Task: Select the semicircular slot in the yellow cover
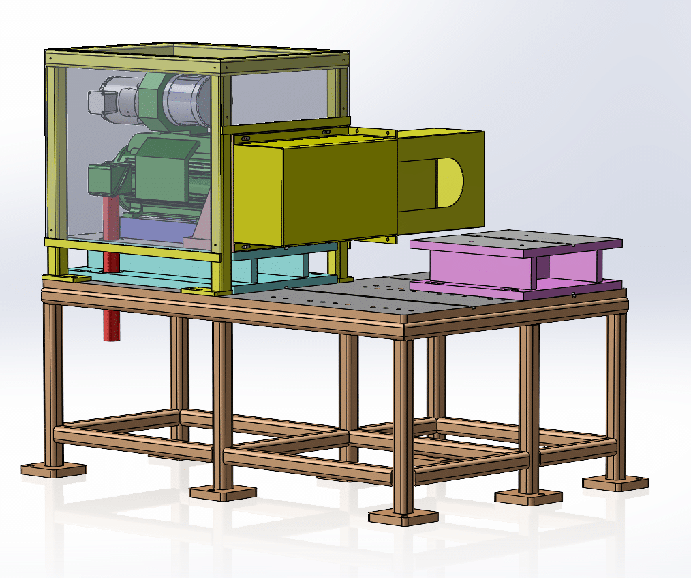[449, 182]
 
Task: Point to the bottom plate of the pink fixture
[518, 289]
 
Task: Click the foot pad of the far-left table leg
[53, 469]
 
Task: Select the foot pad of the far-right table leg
[615, 482]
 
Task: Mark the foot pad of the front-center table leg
[402, 517]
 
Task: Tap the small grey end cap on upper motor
[95, 102]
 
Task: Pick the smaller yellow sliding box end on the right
[440, 181]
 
